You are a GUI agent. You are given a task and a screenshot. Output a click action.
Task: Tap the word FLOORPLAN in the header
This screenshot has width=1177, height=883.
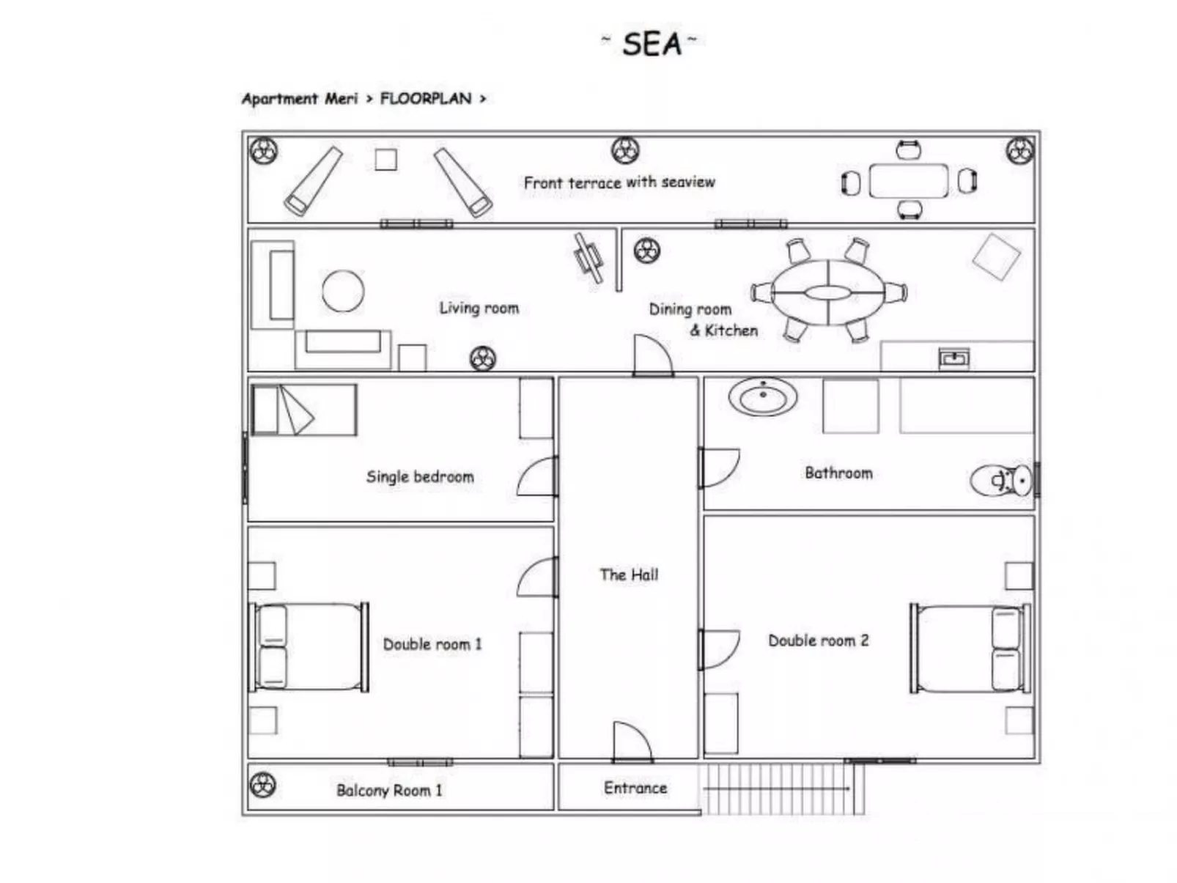pos(425,98)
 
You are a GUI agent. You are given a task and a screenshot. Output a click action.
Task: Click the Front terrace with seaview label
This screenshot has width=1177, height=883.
pos(619,182)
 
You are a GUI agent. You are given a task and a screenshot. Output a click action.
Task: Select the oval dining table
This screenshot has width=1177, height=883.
pos(827,292)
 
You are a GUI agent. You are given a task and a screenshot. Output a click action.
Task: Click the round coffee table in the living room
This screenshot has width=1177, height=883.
pos(342,291)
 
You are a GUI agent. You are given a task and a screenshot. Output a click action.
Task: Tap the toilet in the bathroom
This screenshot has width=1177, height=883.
pos(1001,481)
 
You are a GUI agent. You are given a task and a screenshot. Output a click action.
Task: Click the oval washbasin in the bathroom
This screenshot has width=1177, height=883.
pos(763,398)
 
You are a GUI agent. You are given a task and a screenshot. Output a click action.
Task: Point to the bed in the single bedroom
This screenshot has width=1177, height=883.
pos(303,410)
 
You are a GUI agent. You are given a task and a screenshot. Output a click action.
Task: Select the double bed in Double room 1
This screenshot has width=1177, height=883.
pos(309,647)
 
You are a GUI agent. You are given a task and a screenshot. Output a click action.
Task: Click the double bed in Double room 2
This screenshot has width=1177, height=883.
pos(970,648)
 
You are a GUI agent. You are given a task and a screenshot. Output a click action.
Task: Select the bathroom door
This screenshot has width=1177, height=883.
pos(719,468)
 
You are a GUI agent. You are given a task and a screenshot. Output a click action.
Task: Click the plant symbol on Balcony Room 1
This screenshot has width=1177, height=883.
pos(262,785)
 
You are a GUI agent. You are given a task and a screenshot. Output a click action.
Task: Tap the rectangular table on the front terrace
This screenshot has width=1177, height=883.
pos(908,181)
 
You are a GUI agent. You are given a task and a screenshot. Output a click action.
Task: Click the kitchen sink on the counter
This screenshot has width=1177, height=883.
pos(953,358)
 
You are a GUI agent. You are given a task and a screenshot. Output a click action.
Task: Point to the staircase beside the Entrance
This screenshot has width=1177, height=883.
pos(781,788)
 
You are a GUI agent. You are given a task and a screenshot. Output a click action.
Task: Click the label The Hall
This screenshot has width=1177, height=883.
pos(629,574)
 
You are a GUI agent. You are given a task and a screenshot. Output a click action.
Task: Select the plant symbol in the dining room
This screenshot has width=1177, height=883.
pos(646,251)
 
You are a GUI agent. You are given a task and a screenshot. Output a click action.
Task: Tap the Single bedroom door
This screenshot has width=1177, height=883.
pos(537,476)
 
